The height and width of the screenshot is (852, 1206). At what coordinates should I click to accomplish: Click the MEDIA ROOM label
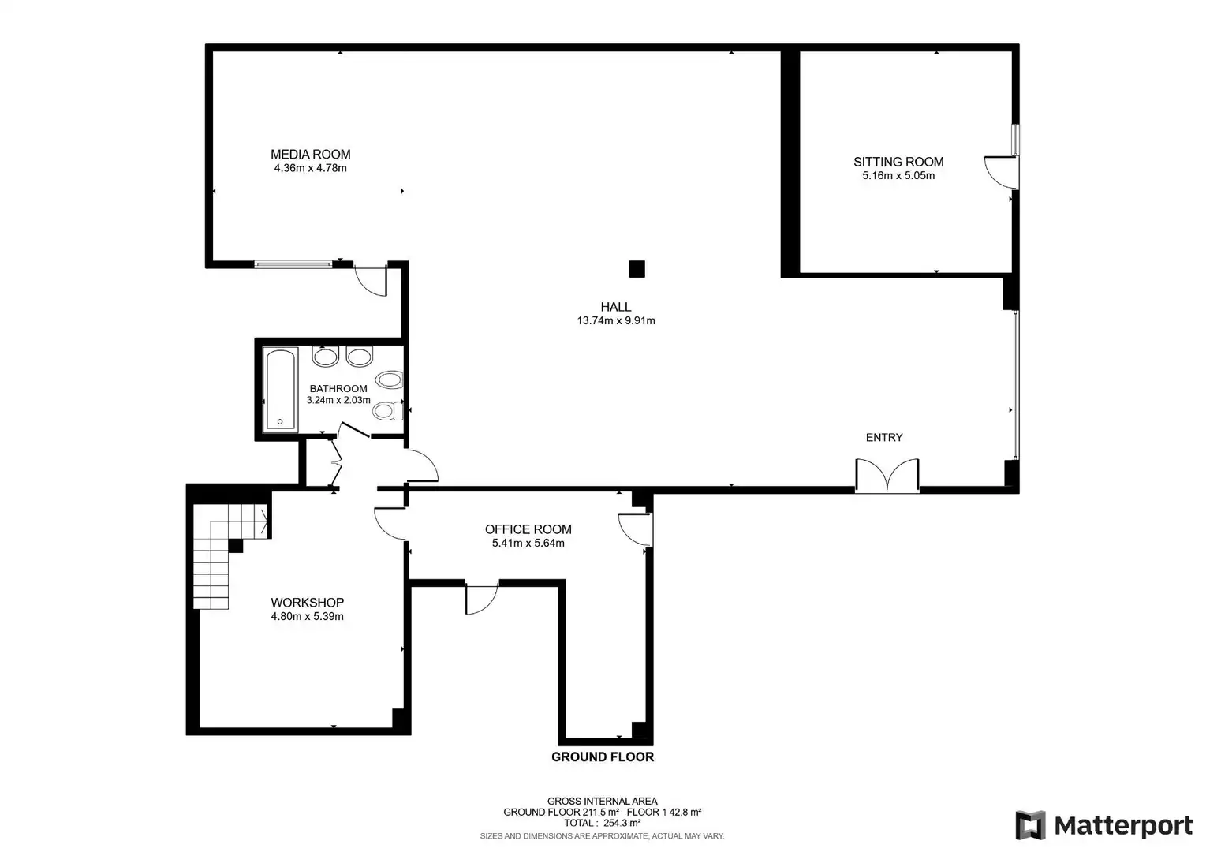tap(311, 155)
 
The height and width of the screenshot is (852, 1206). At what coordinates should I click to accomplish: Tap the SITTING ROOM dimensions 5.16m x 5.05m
tap(898, 176)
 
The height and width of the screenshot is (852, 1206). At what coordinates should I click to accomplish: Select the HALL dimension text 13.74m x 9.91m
tap(616, 321)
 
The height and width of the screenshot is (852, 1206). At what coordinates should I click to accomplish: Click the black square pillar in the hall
tap(637, 269)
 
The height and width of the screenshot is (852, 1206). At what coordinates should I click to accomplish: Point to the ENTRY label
tap(884, 437)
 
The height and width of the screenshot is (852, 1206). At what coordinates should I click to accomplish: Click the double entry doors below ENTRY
tap(887, 475)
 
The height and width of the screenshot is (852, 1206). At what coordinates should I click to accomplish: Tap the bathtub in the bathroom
tap(281, 389)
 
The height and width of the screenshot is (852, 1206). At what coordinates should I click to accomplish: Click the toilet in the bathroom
tap(387, 411)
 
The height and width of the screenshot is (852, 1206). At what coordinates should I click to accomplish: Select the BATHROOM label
tap(338, 389)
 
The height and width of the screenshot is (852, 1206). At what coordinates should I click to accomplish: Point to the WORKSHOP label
tap(308, 603)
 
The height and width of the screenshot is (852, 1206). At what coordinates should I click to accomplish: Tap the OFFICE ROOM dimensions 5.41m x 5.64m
tap(528, 544)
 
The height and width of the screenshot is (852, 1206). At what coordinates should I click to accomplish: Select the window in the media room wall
tap(293, 264)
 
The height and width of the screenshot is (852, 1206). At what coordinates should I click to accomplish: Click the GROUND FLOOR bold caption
tap(603, 757)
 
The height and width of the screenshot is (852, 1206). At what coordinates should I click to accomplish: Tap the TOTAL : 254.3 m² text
tap(603, 823)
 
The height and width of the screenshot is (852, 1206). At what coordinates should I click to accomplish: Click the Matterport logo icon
tap(1030, 825)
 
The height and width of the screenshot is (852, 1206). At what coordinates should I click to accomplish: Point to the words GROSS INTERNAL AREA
tap(603, 802)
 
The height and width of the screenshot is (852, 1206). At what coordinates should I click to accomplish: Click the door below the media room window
tap(372, 280)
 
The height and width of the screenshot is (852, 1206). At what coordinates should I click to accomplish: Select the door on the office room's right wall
tap(635, 530)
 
